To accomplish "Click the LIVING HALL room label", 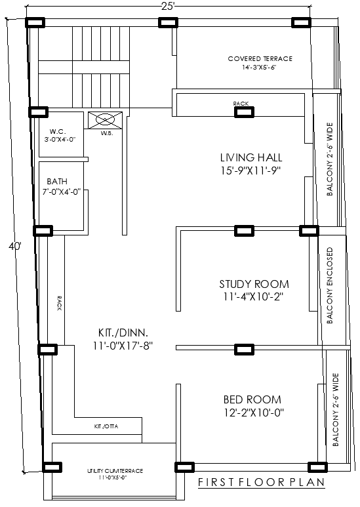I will coord(251,157).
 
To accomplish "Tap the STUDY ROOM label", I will coord(254,284).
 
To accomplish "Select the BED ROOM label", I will coord(252,399).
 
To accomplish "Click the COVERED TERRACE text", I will coord(260,59).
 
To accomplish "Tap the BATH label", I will coord(56,182).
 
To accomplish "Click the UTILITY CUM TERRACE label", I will coord(115,471).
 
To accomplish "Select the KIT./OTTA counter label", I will coord(107,426).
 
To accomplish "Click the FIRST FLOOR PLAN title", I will coord(262,483).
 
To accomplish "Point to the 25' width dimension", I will coord(168,7).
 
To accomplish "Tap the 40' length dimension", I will coord(14,247).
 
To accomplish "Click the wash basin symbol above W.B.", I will coord(106,120).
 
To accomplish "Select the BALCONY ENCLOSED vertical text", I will coord(330,285).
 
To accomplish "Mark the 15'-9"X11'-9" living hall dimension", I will coord(251,171).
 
